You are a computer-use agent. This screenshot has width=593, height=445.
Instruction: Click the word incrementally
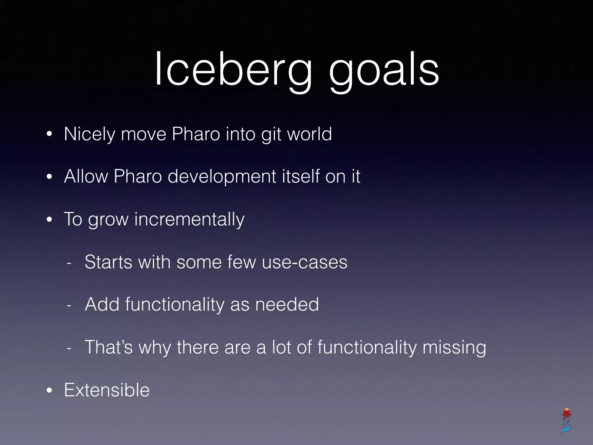point(189,219)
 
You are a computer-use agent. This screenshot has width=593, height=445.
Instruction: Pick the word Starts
point(108,262)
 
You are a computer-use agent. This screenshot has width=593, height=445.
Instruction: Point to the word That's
point(109,347)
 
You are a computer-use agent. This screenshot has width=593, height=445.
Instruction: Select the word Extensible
point(107,390)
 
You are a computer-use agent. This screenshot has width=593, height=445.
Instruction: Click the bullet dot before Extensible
point(50,391)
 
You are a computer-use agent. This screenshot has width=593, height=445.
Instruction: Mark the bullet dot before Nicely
point(50,135)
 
